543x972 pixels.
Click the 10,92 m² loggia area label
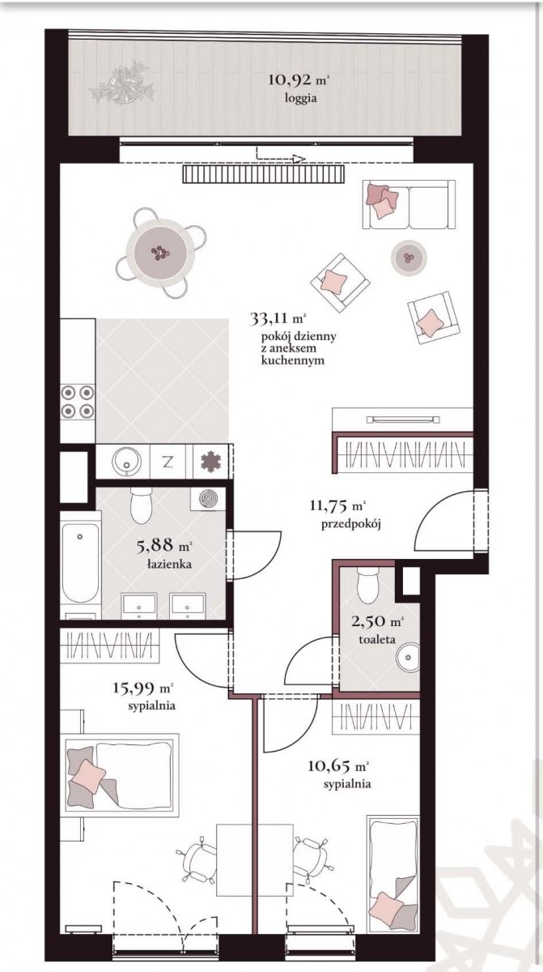click(x=299, y=80)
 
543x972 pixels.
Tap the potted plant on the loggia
click(x=123, y=83)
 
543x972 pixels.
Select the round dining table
click(x=160, y=252)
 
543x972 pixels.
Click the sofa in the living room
click(x=409, y=204)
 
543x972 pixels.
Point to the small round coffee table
click(x=409, y=258)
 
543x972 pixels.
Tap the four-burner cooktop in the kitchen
click(x=78, y=402)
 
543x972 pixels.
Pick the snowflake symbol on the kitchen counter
click(x=210, y=462)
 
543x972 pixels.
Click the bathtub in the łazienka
click(x=80, y=563)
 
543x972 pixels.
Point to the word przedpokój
click(x=350, y=525)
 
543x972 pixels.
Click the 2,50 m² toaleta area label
click(x=377, y=629)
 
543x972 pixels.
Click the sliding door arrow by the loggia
click(x=281, y=156)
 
